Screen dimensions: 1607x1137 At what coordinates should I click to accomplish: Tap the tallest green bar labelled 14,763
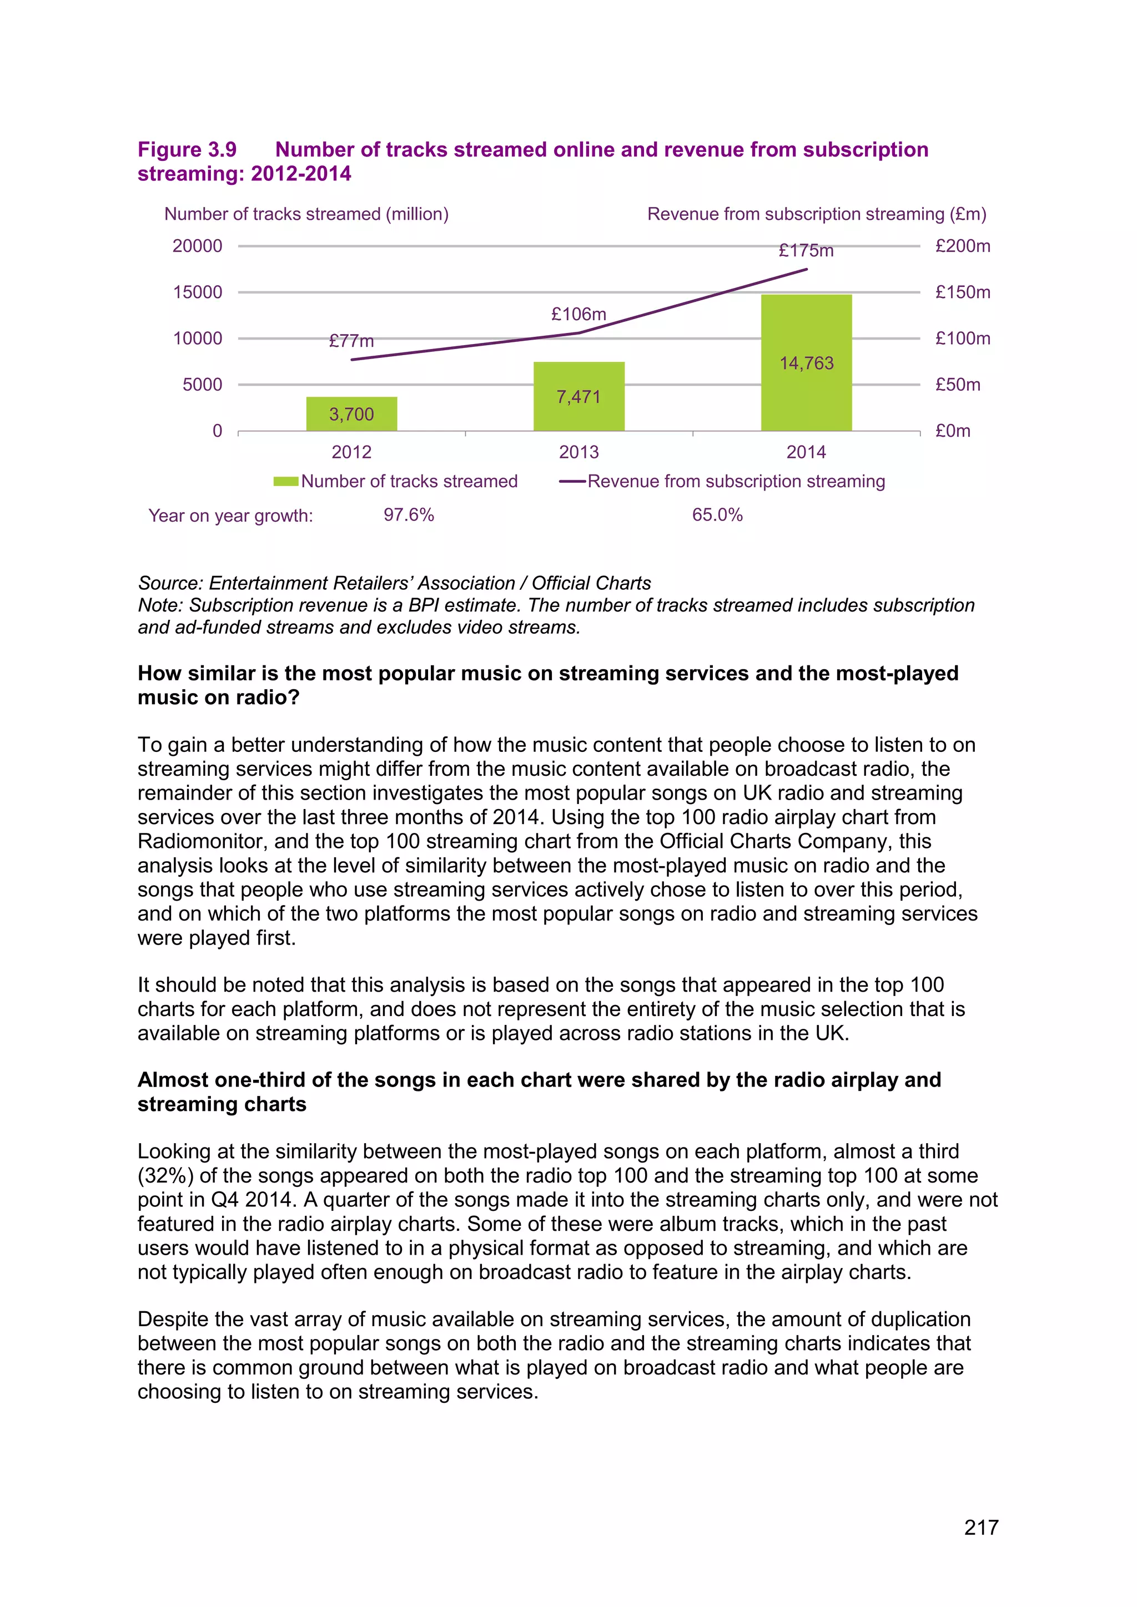coord(806,362)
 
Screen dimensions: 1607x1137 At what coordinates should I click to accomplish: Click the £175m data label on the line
coord(806,251)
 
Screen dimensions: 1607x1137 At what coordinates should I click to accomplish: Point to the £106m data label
coord(578,314)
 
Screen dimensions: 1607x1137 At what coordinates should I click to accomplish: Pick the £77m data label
coord(351,341)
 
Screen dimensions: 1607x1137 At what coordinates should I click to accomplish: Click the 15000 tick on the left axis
coord(198,292)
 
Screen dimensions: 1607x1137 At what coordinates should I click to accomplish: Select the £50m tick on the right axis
coord(957,384)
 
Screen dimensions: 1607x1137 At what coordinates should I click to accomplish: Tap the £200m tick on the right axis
coord(962,246)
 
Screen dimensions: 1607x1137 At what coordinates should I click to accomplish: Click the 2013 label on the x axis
coord(578,452)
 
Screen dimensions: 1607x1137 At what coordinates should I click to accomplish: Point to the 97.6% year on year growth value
coord(409,515)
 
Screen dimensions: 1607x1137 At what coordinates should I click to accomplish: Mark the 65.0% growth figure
coord(717,515)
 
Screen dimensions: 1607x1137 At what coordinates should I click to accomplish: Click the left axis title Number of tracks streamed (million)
coord(306,214)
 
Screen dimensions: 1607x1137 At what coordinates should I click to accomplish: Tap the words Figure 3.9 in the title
coord(187,150)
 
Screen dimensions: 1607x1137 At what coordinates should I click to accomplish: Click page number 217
coord(980,1527)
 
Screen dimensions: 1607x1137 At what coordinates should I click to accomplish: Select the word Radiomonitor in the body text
coord(199,841)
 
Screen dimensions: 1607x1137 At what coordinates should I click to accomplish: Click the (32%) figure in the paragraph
coord(165,1176)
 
